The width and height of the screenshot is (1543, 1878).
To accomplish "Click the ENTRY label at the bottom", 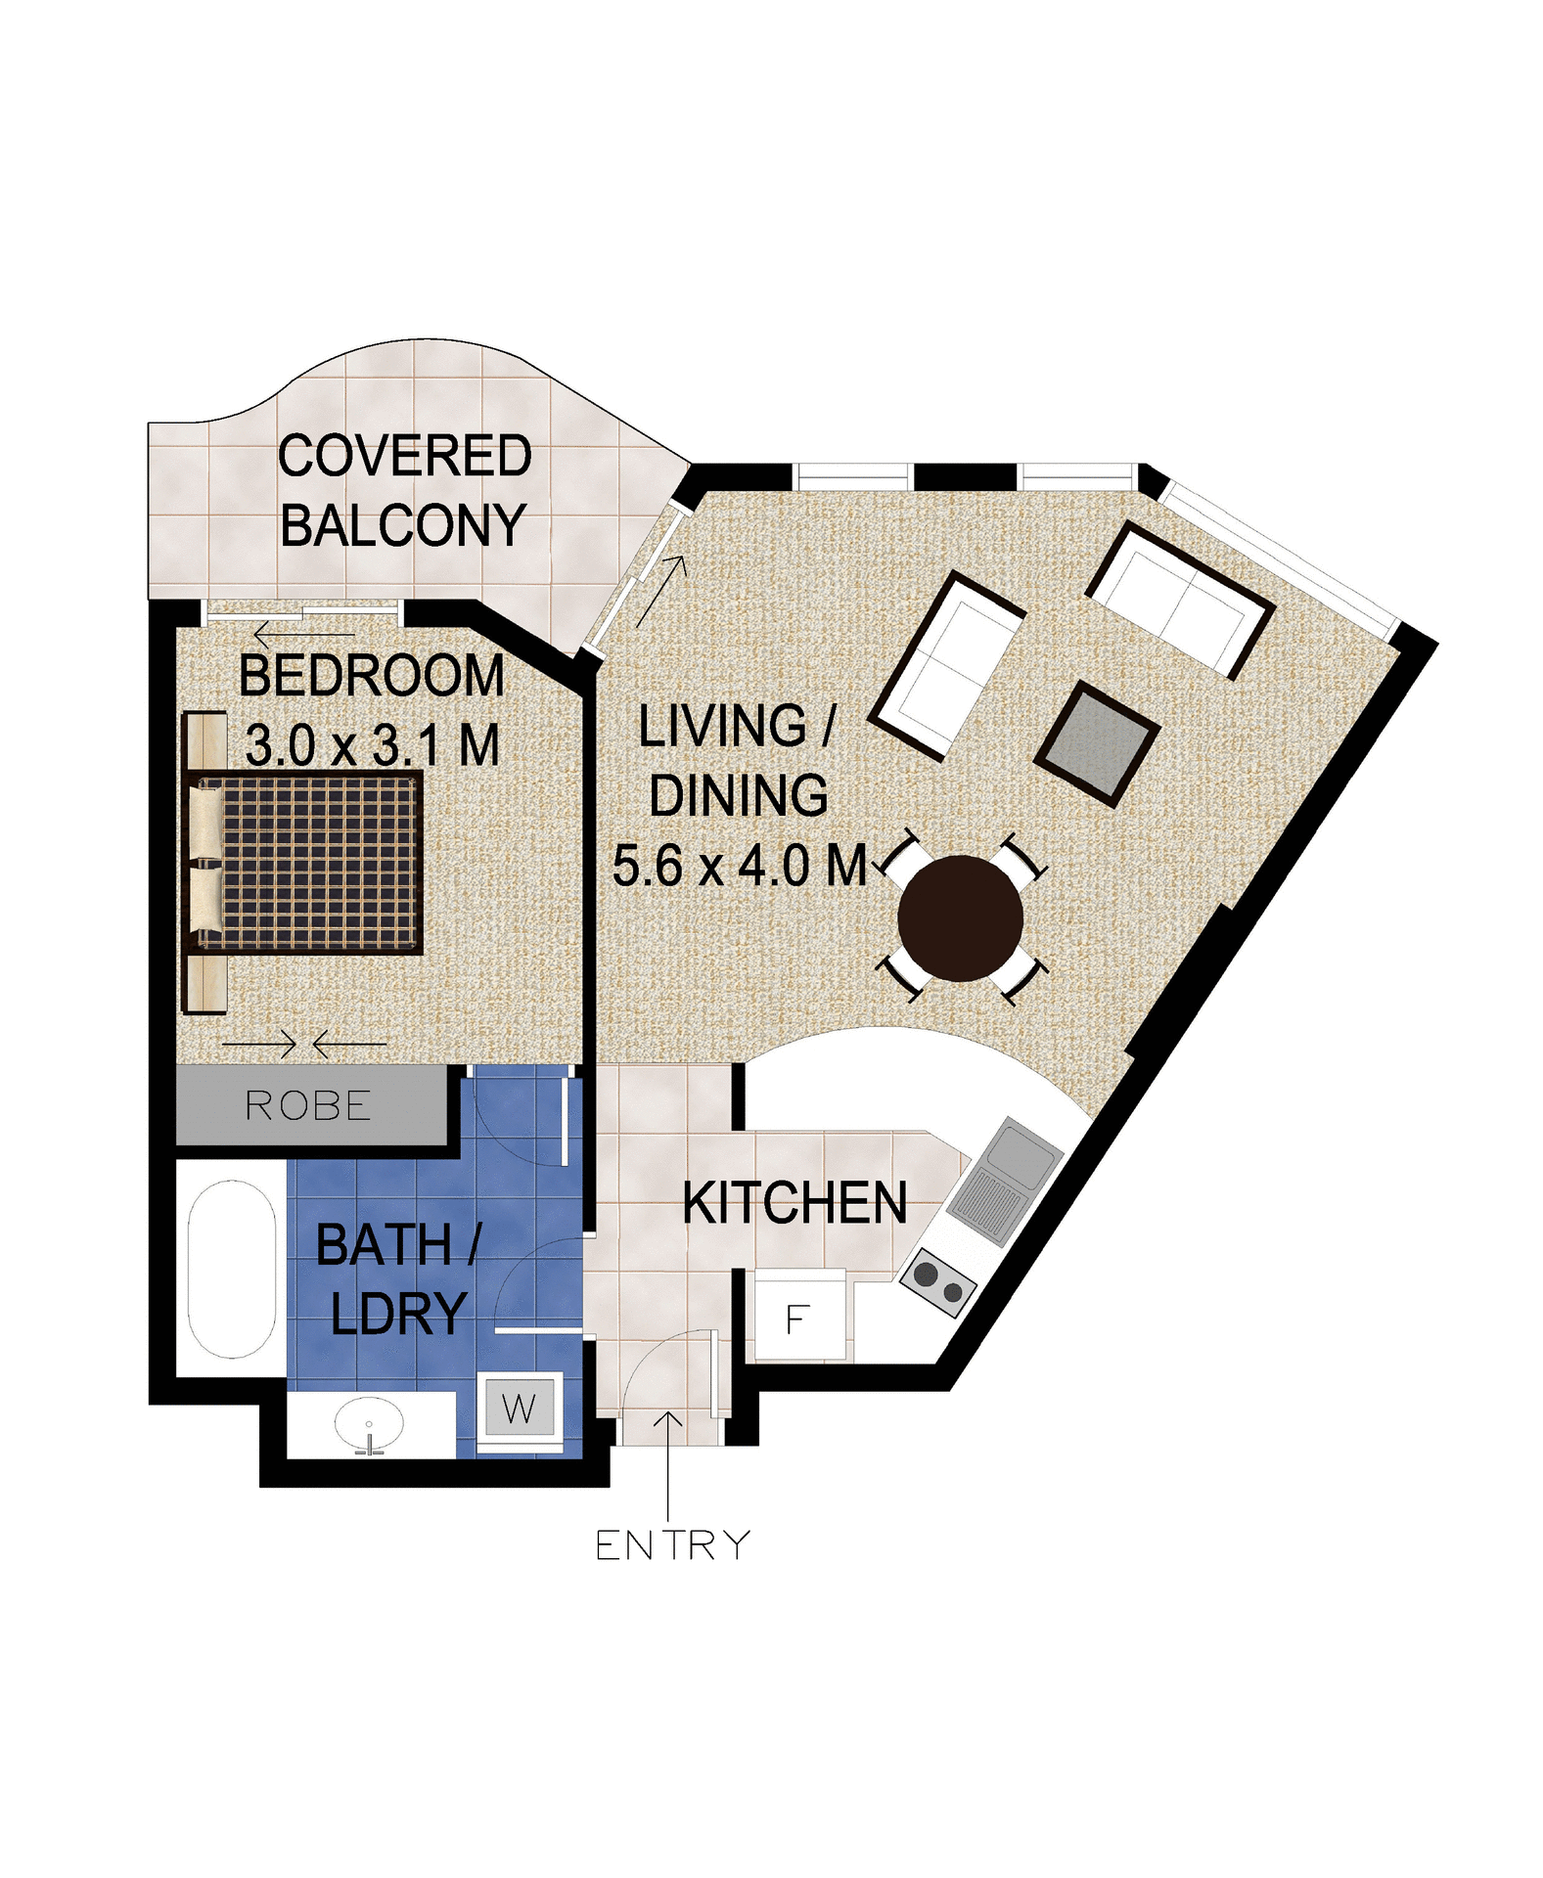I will pos(671,1545).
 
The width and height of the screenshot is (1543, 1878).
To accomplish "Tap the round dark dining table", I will pos(960,917).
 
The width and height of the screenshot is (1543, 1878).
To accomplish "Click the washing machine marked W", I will pos(519,1409).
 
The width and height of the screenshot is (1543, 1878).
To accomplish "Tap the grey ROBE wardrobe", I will pos(309,1106).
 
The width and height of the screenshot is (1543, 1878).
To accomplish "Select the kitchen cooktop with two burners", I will pos(937,1282).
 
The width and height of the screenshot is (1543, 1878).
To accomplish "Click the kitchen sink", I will pos(1006,1182).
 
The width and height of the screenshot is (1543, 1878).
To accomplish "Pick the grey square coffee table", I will pos(1097,743).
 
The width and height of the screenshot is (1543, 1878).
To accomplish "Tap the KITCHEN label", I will pos(794,1202).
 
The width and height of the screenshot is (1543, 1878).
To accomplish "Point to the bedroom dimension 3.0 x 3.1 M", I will pos(372,745).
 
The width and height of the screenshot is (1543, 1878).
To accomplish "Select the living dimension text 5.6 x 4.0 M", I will pos(739,866).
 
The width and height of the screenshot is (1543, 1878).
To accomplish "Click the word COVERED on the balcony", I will pos(404,456).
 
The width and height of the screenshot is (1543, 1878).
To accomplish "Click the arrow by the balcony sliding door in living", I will pos(660,591).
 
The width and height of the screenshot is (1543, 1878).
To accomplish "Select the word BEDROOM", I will pos(372,676).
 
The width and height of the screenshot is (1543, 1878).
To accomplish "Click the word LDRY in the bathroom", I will pos(398,1314).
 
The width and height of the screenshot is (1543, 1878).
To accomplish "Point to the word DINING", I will pos(739,795).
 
